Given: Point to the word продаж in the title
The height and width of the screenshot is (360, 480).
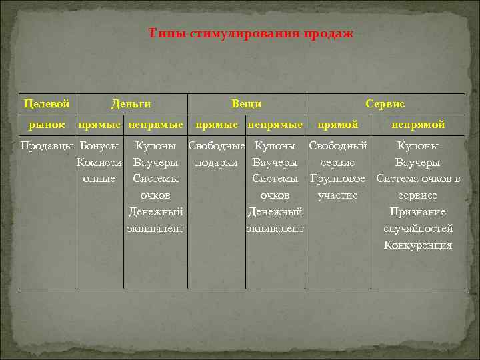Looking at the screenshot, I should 329,33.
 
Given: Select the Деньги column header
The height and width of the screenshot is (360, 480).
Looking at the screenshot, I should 131,104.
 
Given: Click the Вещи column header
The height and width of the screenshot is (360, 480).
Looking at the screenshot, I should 246,104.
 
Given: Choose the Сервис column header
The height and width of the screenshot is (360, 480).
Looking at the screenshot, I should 385,104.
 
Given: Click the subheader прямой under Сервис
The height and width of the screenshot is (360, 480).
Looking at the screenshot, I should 338,125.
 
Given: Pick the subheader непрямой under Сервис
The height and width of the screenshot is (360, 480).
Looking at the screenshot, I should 418,125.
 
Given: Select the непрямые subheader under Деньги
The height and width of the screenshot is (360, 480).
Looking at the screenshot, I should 155,125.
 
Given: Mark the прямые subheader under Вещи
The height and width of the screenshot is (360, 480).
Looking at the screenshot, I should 216,125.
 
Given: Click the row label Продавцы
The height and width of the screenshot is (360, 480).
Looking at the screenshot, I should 46,145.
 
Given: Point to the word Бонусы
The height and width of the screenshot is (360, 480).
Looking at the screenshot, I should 99,145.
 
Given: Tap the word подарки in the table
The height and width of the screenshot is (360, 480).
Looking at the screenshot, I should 216,162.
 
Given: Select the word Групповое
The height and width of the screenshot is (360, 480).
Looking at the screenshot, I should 338,179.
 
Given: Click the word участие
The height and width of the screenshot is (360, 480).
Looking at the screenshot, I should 338,195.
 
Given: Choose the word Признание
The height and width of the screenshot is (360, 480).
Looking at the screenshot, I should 418,212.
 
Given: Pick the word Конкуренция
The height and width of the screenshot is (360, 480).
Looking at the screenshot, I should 418,245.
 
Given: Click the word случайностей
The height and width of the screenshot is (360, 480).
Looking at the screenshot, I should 418,229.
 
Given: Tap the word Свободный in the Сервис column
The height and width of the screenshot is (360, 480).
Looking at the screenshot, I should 338,145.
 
